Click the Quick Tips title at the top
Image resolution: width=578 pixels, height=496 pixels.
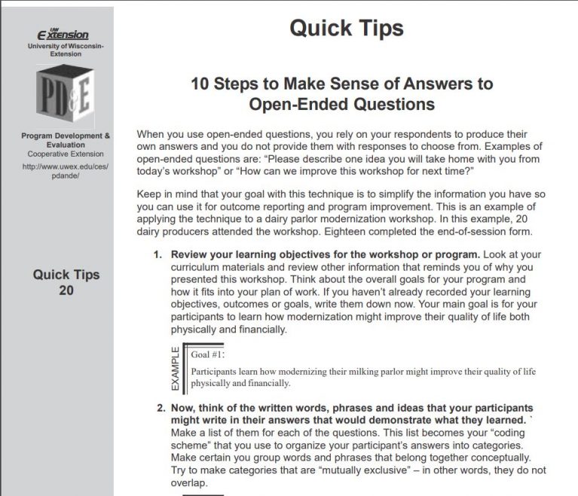[346, 28]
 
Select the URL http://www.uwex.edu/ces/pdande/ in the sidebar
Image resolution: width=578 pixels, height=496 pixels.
[66, 171]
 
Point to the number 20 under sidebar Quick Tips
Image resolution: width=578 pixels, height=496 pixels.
[66, 291]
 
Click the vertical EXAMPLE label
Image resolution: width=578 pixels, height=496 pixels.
[176, 369]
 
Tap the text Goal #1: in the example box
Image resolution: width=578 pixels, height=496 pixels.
[209, 354]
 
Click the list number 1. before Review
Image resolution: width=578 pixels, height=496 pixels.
[158, 254]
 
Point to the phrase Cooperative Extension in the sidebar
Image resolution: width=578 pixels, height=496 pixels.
[66, 154]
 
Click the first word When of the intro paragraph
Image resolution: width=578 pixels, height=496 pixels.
[151, 134]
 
